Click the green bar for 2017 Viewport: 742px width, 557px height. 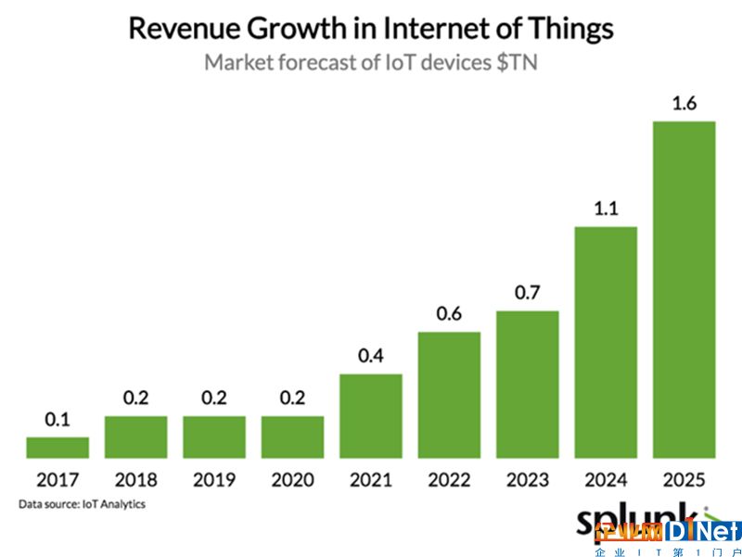[x=58, y=448]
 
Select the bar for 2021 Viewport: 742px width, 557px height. [x=371, y=416]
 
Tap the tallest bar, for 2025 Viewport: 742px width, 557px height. [x=684, y=289]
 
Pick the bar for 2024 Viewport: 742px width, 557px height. [x=606, y=342]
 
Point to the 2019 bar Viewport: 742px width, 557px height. [x=214, y=437]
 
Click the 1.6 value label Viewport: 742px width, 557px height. [x=684, y=104]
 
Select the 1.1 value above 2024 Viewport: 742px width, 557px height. [x=606, y=209]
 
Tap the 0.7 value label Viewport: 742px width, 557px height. [x=527, y=294]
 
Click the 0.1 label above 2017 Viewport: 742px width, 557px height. [x=58, y=420]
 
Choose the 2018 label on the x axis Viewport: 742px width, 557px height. [x=136, y=481]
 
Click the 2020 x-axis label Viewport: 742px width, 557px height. [x=292, y=481]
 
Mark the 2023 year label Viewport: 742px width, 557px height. [x=527, y=481]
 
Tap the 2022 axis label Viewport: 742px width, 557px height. [x=449, y=481]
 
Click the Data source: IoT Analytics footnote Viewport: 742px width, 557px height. [x=81, y=504]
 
